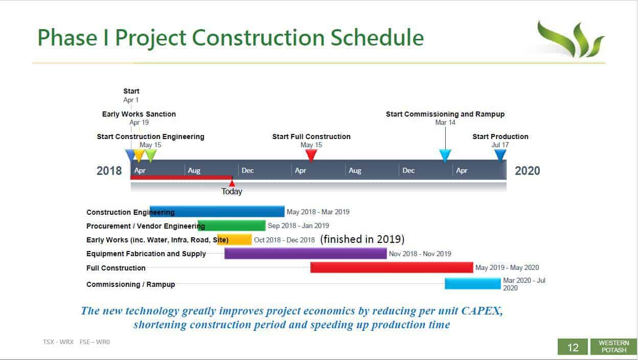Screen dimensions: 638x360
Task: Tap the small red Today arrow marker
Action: point(232,183)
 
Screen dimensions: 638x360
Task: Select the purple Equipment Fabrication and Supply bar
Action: point(305,254)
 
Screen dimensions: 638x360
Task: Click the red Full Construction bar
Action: point(392,267)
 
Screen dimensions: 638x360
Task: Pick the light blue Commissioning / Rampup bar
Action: point(472,284)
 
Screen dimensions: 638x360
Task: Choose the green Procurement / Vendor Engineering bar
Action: point(232,226)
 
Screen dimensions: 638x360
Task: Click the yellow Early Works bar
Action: point(235,239)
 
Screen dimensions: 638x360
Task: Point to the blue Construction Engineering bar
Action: point(217,211)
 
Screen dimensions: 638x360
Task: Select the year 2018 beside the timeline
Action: point(109,171)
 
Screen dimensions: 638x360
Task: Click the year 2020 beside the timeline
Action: point(527,171)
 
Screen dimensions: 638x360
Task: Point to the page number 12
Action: point(573,347)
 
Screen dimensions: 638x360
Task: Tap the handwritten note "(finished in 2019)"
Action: point(362,239)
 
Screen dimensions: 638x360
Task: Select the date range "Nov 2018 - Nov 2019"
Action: point(420,254)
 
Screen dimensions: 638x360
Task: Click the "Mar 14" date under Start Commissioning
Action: point(445,122)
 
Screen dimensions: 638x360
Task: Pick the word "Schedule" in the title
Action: point(377,38)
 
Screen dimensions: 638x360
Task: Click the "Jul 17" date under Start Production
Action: point(500,145)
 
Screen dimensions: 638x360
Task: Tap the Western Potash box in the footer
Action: point(614,347)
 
